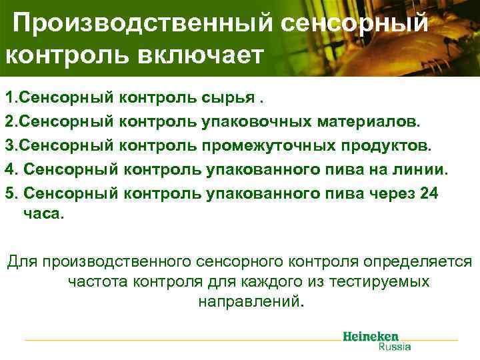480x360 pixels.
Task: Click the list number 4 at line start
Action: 9,169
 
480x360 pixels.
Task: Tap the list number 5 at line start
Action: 9,193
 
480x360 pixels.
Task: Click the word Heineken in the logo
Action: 371,336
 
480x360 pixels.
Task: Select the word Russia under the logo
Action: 395,346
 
